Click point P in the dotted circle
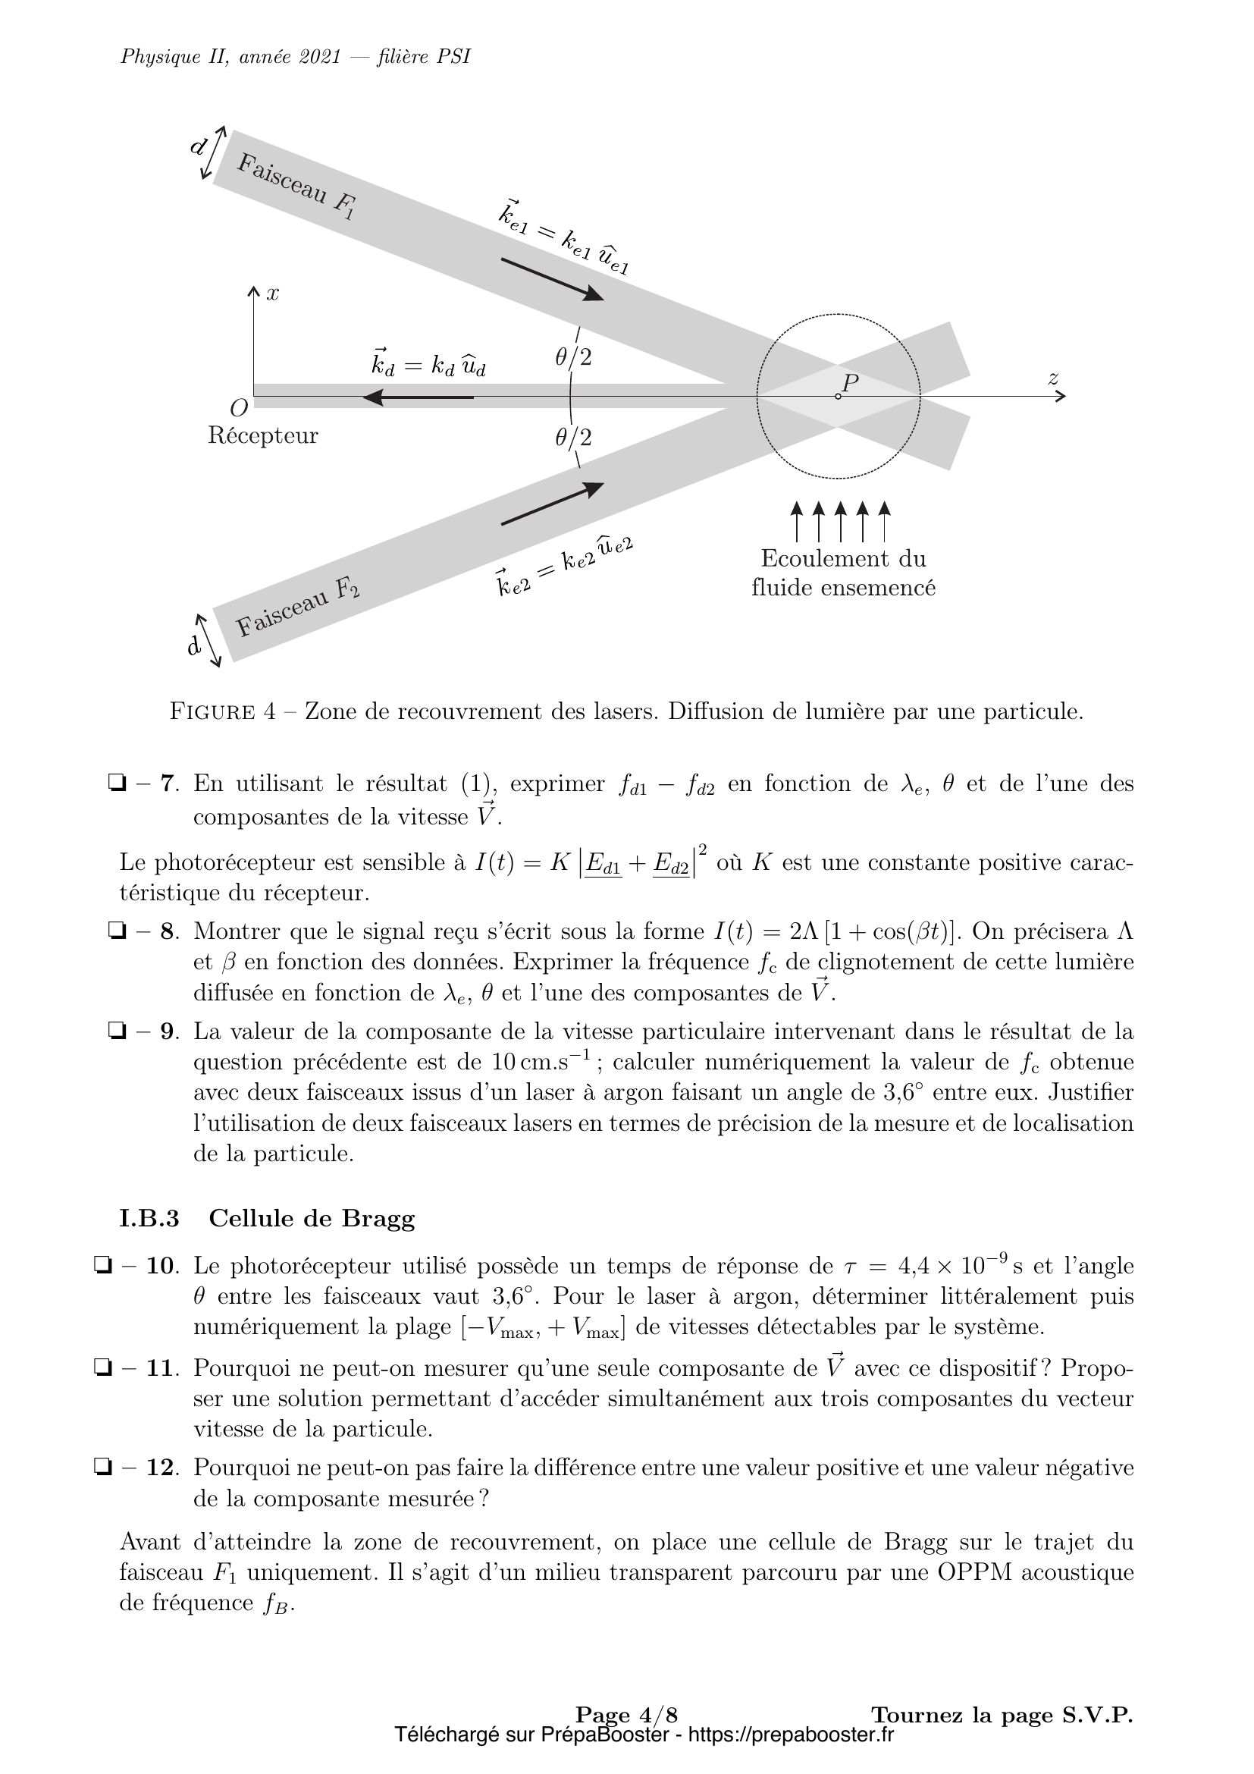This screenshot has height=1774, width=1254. point(839,397)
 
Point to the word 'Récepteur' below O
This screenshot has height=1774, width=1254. point(262,436)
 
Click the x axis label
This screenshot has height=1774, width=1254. point(273,294)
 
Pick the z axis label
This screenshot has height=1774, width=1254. point(1052,378)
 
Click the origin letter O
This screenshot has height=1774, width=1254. point(239,407)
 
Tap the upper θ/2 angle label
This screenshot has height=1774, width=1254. point(573,358)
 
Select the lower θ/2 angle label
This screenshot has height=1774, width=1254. point(573,438)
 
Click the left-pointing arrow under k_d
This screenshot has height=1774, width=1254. point(418,398)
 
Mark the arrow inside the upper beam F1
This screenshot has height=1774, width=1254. point(552,279)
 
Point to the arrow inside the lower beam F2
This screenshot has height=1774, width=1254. point(552,504)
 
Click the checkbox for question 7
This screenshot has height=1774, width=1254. point(118,784)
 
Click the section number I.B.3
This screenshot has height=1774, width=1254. point(150,1219)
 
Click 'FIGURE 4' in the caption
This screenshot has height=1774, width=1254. point(222,711)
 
